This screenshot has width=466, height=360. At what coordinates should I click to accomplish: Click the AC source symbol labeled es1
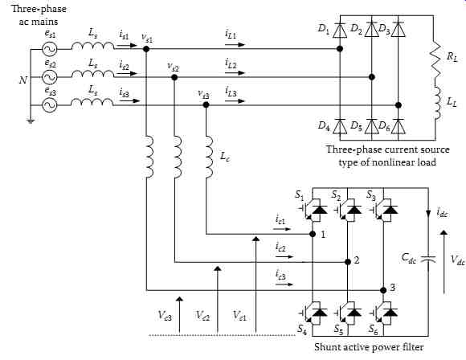[x=50, y=49]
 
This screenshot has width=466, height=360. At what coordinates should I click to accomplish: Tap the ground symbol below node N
[x=31, y=121]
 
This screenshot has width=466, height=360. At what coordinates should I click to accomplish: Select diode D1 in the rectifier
[x=340, y=31]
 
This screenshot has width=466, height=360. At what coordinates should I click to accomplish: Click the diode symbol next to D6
[x=399, y=126]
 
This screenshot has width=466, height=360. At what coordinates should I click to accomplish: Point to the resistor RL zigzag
[x=435, y=59]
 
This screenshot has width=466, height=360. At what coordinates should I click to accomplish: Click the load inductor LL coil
[x=437, y=104]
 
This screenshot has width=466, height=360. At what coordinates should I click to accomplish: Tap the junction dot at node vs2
[x=174, y=77]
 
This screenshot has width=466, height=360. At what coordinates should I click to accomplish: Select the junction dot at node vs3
[x=206, y=104]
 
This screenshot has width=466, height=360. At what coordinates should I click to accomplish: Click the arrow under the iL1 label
[x=235, y=44]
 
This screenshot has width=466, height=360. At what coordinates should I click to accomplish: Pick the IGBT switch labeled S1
[x=313, y=210]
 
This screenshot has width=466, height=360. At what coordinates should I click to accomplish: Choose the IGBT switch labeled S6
[x=383, y=313]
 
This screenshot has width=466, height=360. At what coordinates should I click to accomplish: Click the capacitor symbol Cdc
[x=428, y=259]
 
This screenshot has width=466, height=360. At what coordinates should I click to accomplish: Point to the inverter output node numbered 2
[x=348, y=262]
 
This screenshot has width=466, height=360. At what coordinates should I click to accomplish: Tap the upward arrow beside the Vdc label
[x=444, y=262]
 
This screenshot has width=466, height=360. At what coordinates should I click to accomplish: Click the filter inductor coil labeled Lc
[x=209, y=157]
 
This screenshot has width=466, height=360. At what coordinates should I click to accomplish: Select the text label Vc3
[x=165, y=315]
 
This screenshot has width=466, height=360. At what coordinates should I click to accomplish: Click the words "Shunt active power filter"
[x=369, y=347]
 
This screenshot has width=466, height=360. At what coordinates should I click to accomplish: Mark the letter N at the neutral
[x=22, y=80]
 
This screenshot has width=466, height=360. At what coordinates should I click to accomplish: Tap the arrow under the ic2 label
[x=284, y=256]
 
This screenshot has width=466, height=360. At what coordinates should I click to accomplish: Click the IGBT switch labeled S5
[x=348, y=313]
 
